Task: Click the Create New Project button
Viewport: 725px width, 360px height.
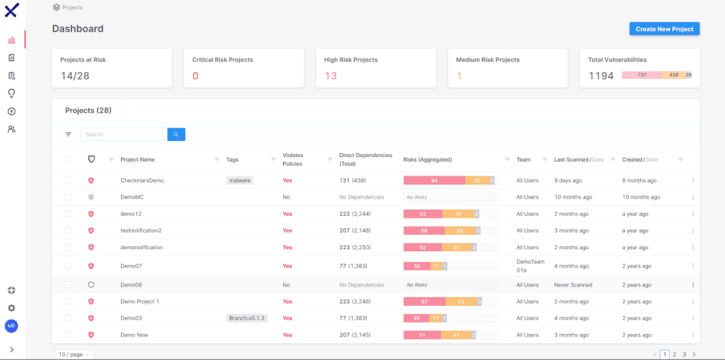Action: [664, 29]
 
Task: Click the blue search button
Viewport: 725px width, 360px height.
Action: [176, 134]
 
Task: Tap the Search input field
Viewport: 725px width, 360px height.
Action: [124, 134]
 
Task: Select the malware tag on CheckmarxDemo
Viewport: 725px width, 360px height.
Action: [239, 181]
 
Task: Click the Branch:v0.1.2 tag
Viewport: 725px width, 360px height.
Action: [247, 318]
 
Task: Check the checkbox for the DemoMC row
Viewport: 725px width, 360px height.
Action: [68, 197]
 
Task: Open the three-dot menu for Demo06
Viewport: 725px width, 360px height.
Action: [693, 285]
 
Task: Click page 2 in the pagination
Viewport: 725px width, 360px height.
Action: [674, 355]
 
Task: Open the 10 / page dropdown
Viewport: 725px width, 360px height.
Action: [74, 355]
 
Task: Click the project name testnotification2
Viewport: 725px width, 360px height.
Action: [141, 230]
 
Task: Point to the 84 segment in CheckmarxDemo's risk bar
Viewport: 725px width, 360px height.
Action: [434, 181]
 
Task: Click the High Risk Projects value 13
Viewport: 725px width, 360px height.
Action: [331, 75]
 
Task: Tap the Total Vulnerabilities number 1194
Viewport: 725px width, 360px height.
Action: [601, 75]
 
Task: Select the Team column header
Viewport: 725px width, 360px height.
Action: [523, 160]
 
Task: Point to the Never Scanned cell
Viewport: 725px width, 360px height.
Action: [573, 285]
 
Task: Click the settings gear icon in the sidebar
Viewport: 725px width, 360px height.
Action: [11, 309]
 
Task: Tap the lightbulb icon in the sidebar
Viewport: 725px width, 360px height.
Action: [11, 94]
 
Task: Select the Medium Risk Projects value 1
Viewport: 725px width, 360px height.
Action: [459, 75]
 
